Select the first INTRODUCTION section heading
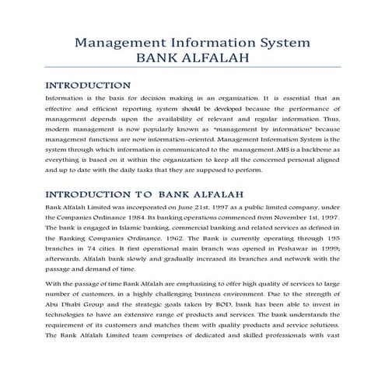click(x=88, y=86)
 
